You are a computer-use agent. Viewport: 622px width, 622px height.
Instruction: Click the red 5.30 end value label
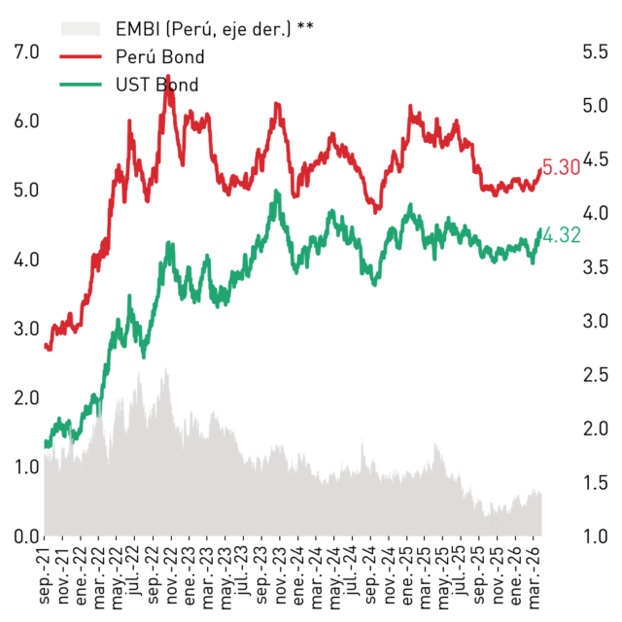(561, 167)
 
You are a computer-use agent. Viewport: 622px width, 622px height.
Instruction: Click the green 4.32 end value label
(562, 235)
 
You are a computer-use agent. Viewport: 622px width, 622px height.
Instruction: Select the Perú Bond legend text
(159, 56)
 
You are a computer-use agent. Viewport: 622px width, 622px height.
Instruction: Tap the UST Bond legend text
(157, 85)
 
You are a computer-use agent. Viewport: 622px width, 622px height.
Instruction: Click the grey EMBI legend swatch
(81, 29)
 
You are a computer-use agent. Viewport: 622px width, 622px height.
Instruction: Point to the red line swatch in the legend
(81, 56)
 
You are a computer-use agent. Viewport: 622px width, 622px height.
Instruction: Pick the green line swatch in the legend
(81, 85)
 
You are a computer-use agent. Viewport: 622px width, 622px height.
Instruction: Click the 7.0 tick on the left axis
(26, 52)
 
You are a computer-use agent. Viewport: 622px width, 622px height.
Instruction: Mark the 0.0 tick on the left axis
(26, 536)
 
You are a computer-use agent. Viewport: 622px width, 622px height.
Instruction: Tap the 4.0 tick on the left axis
(26, 259)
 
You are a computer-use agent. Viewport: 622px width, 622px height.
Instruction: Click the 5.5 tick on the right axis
(595, 52)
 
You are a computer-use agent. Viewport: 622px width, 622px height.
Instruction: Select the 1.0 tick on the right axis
(595, 536)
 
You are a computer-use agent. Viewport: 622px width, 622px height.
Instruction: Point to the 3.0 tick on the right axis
(595, 321)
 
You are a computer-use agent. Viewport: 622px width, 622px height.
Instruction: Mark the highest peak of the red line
(168, 76)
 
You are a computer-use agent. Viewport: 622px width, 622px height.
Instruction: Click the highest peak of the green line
(276, 190)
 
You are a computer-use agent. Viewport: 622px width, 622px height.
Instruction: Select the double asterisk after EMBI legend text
(305, 26)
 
